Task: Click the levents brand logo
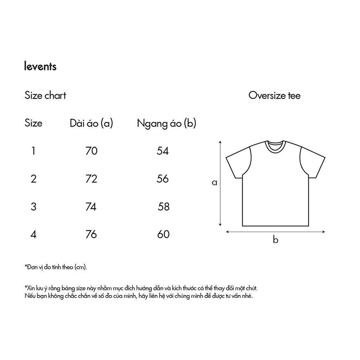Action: coord(40,66)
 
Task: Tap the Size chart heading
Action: coord(45,95)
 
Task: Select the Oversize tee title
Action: coord(274,95)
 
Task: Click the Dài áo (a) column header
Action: coord(91,123)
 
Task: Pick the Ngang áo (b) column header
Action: coord(166,123)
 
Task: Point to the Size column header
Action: coord(33,123)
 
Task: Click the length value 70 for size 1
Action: coord(91,151)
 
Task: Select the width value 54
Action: coord(163,151)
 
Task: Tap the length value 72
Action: coord(91,179)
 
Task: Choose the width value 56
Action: coord(163,179)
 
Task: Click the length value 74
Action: coord(91,207)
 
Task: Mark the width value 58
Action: coord(164,207)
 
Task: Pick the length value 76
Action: coord(91,234)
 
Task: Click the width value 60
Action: coord(163,234)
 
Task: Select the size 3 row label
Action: coord(33,207)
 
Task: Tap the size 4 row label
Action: coord(33,234)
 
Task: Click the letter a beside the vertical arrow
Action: coord(214,183)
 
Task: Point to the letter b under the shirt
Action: coord(276,240)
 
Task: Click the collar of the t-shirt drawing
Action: coord(275,146)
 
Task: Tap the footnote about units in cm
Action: coord(56,267)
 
